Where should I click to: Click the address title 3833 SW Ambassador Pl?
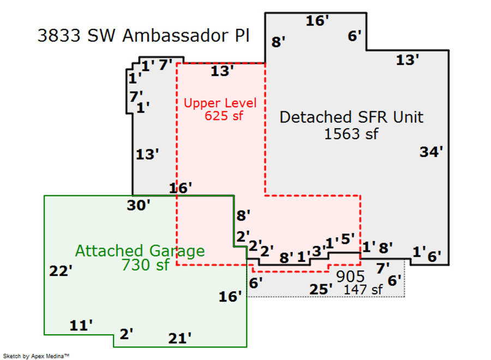(x=143, y=36)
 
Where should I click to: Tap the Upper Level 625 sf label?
(x=220, y=109)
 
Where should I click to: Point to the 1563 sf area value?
(x=351, y=134)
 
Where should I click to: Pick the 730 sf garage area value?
(x=146, y=265)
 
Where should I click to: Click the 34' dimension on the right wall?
(x=431, y=153)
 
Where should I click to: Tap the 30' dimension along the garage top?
(x=139, y=205)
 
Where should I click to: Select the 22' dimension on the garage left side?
(x=61, y=271)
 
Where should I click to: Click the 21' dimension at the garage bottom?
(x=179, y=338)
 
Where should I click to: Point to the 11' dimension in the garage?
(x=81, y=326)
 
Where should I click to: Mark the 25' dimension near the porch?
(x=321, y=289)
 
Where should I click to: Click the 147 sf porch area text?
(x=363, y=290)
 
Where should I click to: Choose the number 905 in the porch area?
(x=350, y=277)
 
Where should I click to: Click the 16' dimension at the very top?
(x=317, y=21)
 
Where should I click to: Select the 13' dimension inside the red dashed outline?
(x=223, y=71)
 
